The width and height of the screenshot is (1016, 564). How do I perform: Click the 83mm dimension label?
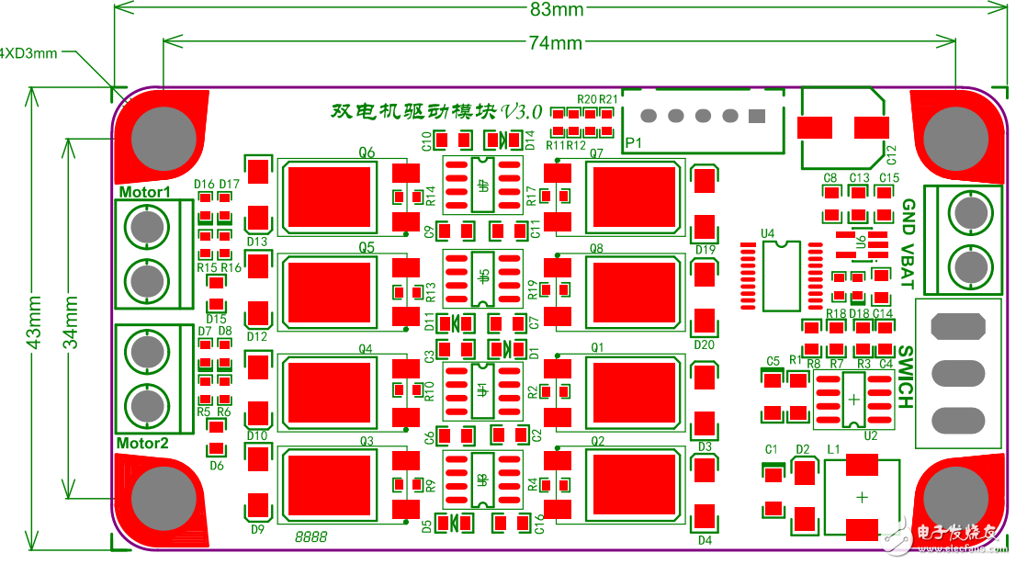coord(557,10)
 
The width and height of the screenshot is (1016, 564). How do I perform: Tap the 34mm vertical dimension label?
coord(69,321)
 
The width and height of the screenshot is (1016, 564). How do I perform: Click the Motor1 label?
coord(144,192)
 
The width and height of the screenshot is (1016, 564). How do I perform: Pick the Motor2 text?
coord(142,444)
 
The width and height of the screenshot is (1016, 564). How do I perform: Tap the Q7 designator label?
coord(596,153)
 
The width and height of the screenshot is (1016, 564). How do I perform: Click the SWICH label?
coord(905,377)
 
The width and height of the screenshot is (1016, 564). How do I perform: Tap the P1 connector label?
coord(633,143)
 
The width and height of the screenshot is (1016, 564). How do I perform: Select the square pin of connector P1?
coord(757,117)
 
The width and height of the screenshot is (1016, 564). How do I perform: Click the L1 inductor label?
coord(834,449)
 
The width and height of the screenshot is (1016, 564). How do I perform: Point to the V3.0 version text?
coord(522,110)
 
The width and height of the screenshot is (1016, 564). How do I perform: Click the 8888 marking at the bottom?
coord(312,535)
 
